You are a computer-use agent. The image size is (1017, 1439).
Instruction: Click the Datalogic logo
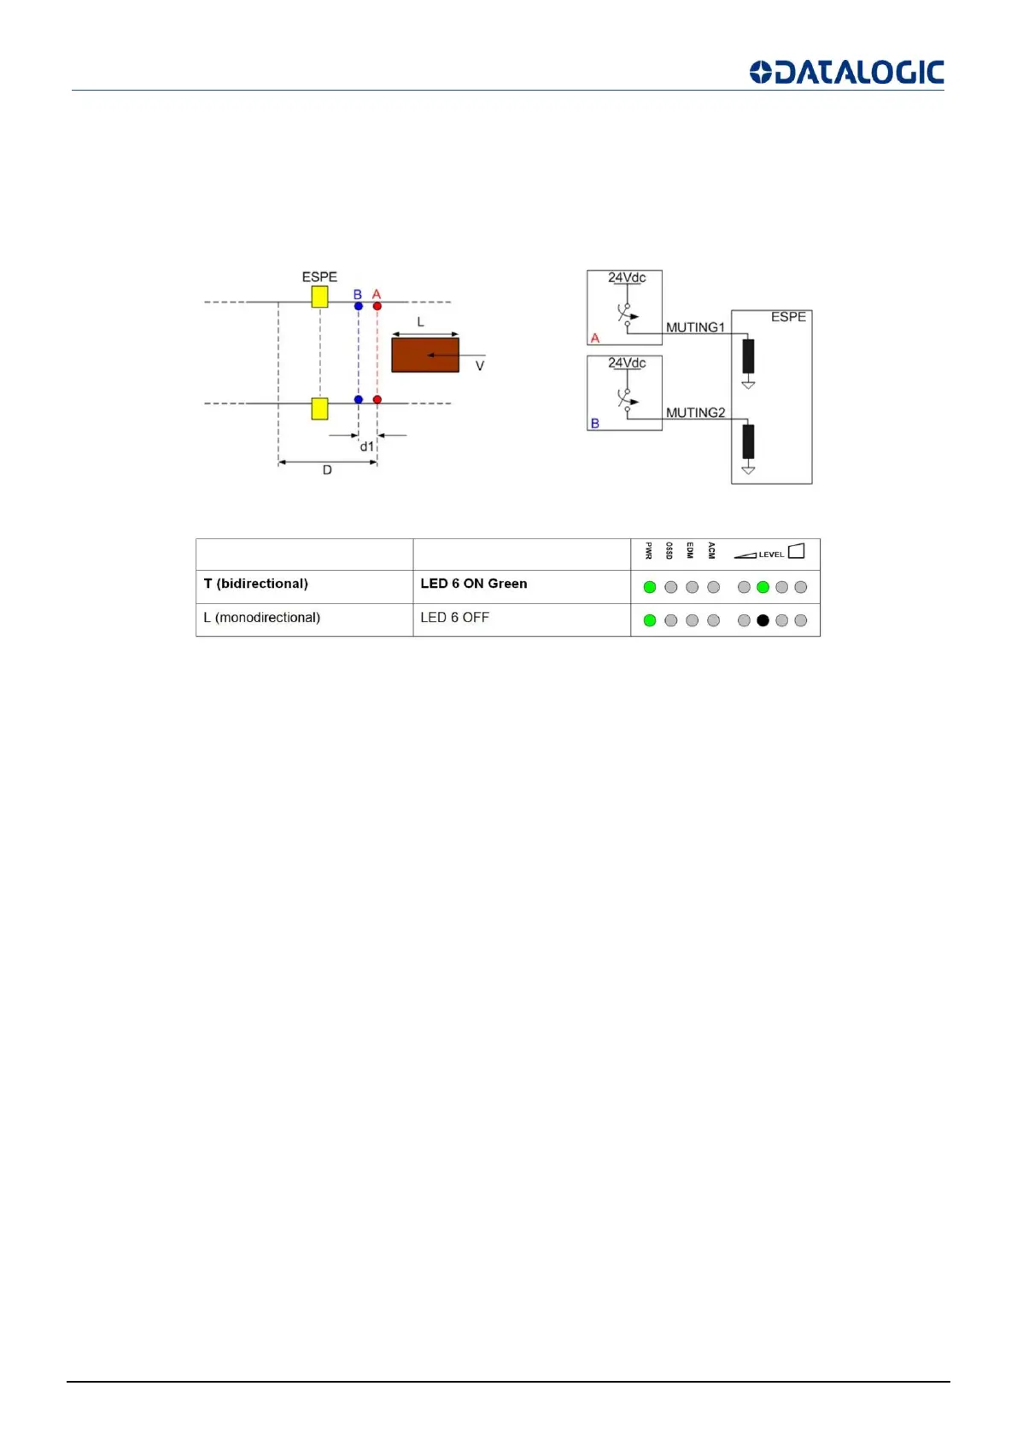click(x=846, y=72)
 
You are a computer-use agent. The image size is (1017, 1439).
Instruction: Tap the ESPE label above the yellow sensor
click(x=319, y=277)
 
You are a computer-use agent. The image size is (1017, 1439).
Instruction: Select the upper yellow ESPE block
click(x=319, y=297)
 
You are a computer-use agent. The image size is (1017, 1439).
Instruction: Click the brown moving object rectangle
click(x=424, y=355)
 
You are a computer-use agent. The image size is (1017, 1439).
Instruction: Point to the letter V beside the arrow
click(x=480, y=366)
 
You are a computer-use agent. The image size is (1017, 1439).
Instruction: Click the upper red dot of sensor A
click(x=377, y=306)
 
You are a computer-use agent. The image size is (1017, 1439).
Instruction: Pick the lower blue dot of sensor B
click(x=359, y=399)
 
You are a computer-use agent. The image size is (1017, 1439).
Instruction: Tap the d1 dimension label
click(x=367, y=447)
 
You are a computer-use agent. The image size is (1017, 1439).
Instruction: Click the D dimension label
click(x=327, y=470)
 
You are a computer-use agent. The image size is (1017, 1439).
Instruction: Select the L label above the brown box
click(x=420, y=322)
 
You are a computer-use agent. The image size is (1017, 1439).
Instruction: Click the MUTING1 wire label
click(x=695, y=327)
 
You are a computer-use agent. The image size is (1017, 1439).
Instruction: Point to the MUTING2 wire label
click(x=695, y=413)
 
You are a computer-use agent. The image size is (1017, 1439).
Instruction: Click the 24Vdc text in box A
click(x=627, y=278)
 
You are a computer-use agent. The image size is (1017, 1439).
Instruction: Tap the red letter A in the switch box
click(x=595, y=338)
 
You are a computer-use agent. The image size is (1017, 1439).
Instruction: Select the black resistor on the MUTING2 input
click(x=748, y=441)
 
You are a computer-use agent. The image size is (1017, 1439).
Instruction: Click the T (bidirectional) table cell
click(x=256, y=584)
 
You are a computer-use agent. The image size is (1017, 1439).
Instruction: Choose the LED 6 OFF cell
click(x=454, y=617)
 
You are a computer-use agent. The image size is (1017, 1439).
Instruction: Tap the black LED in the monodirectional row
click(x=763, y=620)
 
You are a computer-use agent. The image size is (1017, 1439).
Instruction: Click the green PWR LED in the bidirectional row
click(x=650, y=587)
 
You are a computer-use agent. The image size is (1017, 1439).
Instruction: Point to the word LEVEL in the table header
click(x=771, y=555)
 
